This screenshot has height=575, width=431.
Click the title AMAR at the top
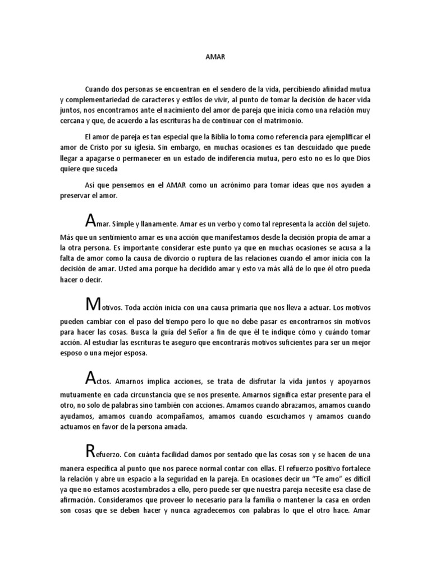tap(215, 57)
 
